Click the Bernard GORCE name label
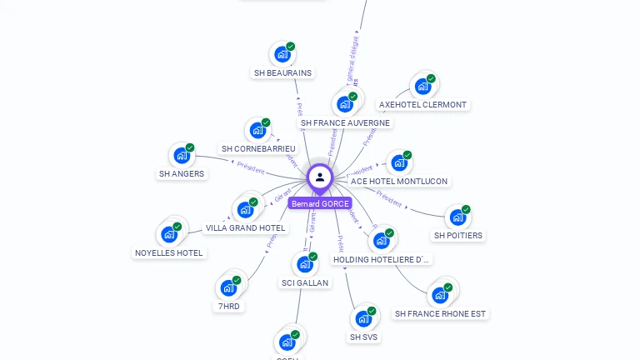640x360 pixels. click(x=320, y=203)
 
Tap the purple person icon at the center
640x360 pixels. click(x=320, y=177)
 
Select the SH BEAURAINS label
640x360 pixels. click(x=282, y=72)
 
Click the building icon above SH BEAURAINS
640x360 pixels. click(x=282, y=55)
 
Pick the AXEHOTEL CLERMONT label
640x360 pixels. click(x=422, y=105)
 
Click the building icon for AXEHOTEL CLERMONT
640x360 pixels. click(x=422, y=86)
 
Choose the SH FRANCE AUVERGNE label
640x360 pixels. click(x=345, y=122)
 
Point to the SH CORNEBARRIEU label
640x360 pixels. click(x=258, y=148)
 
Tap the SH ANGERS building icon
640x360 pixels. click(x=181, y=156)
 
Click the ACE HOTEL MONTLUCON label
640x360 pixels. click(x=399, y=181)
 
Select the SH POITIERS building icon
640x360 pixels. click(x=457, y=217)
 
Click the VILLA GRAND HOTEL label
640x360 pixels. click(x=245, y=227)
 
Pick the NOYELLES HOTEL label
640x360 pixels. click(x=169, y=252)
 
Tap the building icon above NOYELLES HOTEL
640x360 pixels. click(x=169, y=234)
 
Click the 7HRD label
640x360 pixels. click(x=228, y=306)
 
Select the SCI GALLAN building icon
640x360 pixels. click(x=304, y=265)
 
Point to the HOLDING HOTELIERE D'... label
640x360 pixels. click(x=382, y=259)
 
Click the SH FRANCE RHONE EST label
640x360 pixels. click(x=440, y=313)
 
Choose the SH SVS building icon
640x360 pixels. click(x=362, y=318)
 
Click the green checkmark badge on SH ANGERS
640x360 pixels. click(x=190, y=147)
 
